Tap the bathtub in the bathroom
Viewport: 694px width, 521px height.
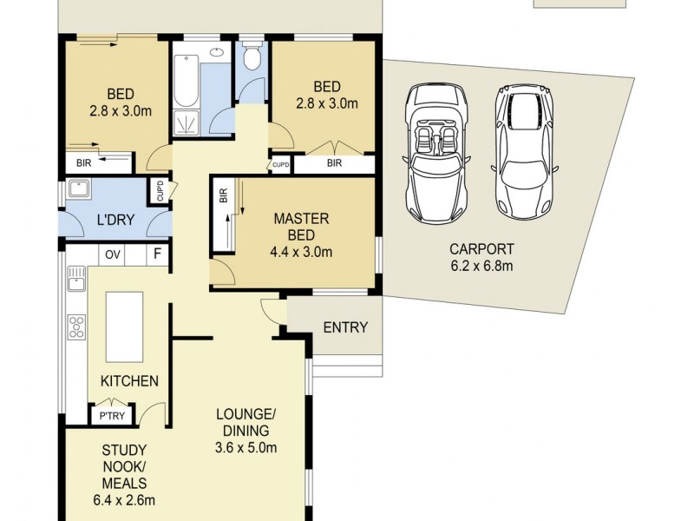click(186, 81)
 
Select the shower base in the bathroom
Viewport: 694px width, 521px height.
click(186, 122)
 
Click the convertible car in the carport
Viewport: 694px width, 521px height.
click(436, 153)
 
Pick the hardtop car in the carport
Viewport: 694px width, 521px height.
click(525, 151)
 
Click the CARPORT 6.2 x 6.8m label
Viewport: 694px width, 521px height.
click(481, 257)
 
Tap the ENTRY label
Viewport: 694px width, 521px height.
click(345, 327)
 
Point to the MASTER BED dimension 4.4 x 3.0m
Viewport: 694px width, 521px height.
click(301, 252)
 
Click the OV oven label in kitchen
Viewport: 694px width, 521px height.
click(113, 255)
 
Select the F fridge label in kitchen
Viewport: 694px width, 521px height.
click(157, 254)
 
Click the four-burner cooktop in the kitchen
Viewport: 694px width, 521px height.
click(76, 327)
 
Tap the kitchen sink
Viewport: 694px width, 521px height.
click(76, 278)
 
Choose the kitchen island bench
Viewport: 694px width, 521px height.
click(124, 327)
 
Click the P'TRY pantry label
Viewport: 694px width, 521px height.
click(112, 416)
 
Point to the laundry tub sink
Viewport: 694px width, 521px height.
click(79, 188)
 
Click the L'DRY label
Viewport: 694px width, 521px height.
click(115, 220)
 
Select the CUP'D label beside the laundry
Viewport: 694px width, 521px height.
click(160, 190)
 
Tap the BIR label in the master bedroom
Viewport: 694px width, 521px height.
click(223, 195)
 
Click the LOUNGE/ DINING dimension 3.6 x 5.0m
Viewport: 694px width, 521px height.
click(246, 447)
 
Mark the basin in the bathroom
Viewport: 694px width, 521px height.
click(217, 52)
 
